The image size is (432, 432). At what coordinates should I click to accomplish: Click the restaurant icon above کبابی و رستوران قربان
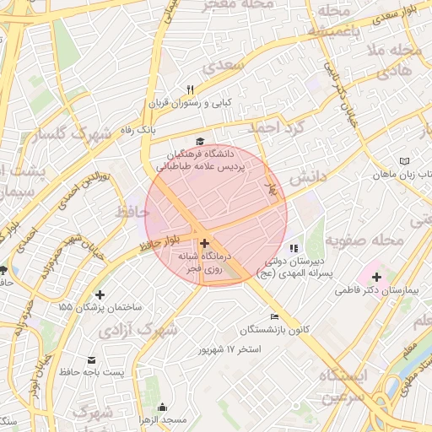point(191,90)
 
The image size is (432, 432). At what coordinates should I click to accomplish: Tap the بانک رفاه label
point(136,130)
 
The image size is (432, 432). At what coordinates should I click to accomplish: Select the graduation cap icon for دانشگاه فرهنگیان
point(200,142)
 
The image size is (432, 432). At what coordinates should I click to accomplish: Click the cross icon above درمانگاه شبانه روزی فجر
point(203,242)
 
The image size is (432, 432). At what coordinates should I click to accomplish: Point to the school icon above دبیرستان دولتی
point(294,248)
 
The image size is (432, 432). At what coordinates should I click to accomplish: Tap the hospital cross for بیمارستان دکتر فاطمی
point(376,277)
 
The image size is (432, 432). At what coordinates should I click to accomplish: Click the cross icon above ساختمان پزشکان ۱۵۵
point(100,294)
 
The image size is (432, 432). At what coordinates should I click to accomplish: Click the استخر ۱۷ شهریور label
point(230,348)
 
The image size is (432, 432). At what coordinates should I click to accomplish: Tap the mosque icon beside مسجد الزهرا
point(163,408)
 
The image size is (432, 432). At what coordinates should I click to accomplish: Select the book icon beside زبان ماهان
point(404,160)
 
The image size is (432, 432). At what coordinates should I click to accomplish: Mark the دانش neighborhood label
point(308,179)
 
